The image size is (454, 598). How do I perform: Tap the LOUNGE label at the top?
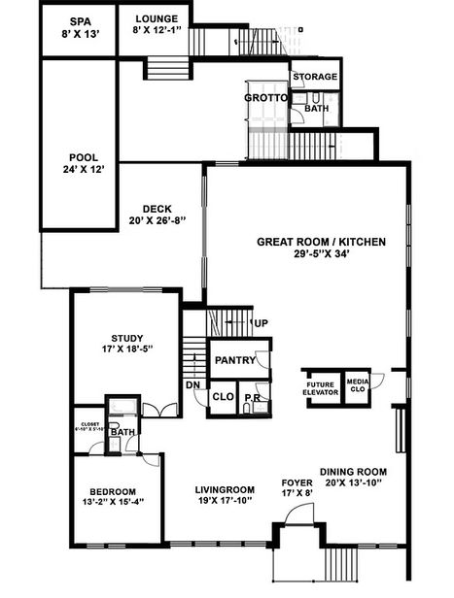click(x=157, y=18)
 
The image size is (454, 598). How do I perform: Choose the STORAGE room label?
click(x=315, y=77)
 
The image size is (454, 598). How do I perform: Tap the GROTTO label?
click(x=263, y=98)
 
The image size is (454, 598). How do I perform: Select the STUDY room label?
click(x=126, y=338)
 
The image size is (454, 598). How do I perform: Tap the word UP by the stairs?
click(x=261, y=323)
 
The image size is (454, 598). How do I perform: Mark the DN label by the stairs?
click(x=193, y=384)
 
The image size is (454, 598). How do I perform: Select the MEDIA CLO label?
click(x=357, y=385)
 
